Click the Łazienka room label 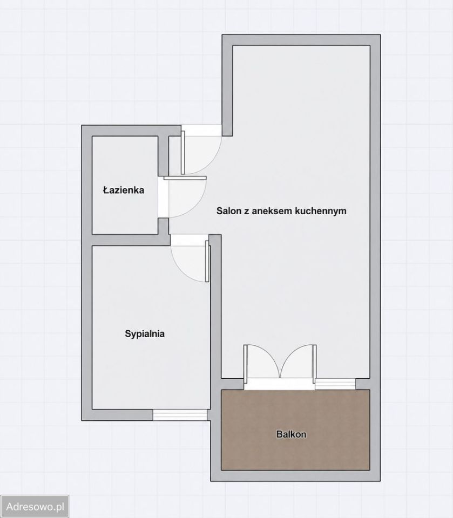123,190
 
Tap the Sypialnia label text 145,333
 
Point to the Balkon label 291,434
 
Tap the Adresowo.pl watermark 35,507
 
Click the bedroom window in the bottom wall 180,414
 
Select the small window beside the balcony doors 335,384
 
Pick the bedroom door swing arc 181,269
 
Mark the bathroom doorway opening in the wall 164,197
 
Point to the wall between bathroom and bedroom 131,240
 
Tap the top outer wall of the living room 301,40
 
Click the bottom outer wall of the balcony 295,475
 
